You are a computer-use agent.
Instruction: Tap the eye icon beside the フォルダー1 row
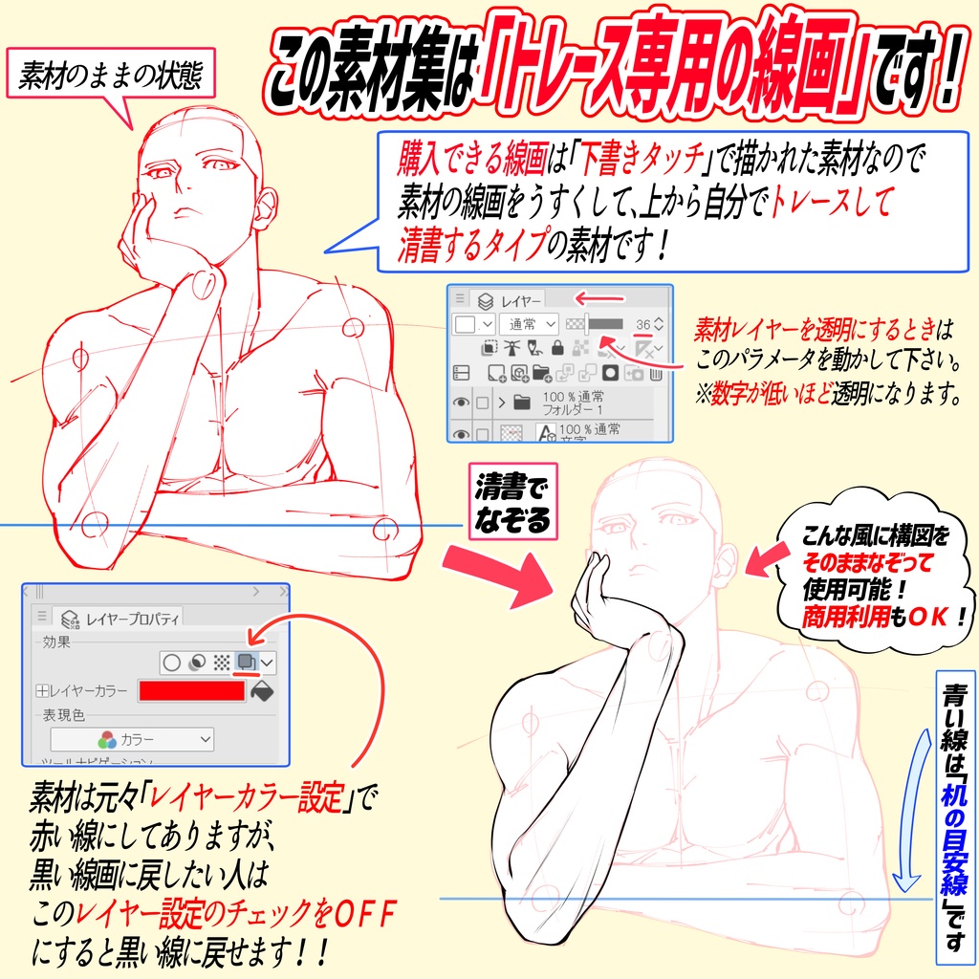pos(461,402)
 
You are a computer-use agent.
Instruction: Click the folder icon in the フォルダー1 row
pos(521,402)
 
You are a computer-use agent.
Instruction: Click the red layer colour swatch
pos(191,690)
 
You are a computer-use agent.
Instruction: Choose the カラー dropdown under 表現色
pos(132,739)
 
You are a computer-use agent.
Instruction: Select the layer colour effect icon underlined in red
pos(247,661)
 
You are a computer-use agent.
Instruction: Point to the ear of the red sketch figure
pos(265,205)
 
